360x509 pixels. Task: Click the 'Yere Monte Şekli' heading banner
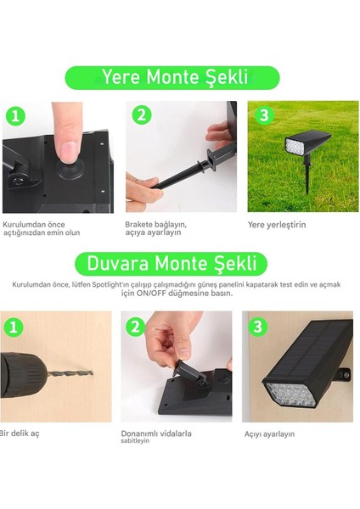(172, 77)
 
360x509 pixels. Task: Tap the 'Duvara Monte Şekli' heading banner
(172, 263)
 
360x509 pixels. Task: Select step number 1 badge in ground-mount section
(14, 116)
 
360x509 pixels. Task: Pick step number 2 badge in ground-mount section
(142, 115)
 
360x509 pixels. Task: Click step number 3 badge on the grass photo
(264, 115)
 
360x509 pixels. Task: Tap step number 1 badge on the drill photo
(13, 327)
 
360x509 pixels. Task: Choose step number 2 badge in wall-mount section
(136, 327)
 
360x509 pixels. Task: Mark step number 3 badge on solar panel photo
(257, 327)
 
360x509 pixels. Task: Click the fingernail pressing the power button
(70, 151)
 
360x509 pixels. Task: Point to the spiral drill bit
(70, 372)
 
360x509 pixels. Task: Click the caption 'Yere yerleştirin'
(277, 225)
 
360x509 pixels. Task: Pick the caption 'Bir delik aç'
(20, 433)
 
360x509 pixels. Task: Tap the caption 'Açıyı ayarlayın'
(269, 434)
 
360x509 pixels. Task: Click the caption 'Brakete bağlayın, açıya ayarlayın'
(155, 228)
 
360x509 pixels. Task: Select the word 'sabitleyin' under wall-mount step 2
(135, 441)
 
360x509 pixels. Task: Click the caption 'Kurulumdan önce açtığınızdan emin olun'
(42, 228)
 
